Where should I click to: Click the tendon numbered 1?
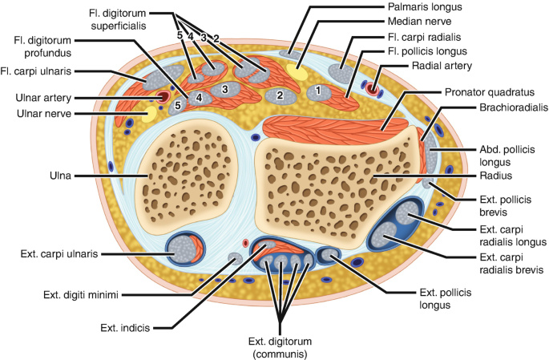[x=318, y=91]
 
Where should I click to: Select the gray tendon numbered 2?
[x=280, y=95]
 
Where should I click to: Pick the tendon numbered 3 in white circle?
[x=226, y=88]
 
